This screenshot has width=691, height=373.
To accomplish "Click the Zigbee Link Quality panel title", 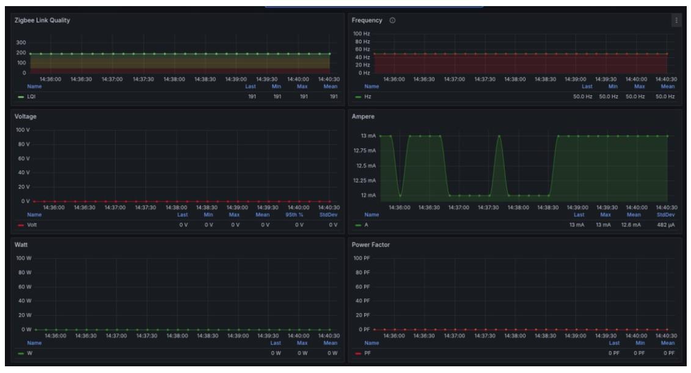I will tap(42, 21).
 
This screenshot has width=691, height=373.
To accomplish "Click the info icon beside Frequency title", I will tap(392, 21).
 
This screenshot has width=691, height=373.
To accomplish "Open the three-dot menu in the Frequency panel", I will tap(676, 21).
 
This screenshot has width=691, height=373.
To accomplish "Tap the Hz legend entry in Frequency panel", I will tap(367, 96).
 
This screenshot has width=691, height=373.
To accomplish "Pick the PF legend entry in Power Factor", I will tap(367, 353).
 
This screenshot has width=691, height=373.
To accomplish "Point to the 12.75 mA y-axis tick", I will tap(365, 150).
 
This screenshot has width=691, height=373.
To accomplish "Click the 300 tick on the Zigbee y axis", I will tap(21, 43).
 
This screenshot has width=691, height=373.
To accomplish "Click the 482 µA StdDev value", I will tap(665, 225).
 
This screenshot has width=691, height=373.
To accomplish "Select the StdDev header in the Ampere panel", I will tap(666, 214).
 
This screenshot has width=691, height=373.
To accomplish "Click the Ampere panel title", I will tap(365, 116).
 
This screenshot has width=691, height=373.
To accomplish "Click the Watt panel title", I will tap(22, 245).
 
